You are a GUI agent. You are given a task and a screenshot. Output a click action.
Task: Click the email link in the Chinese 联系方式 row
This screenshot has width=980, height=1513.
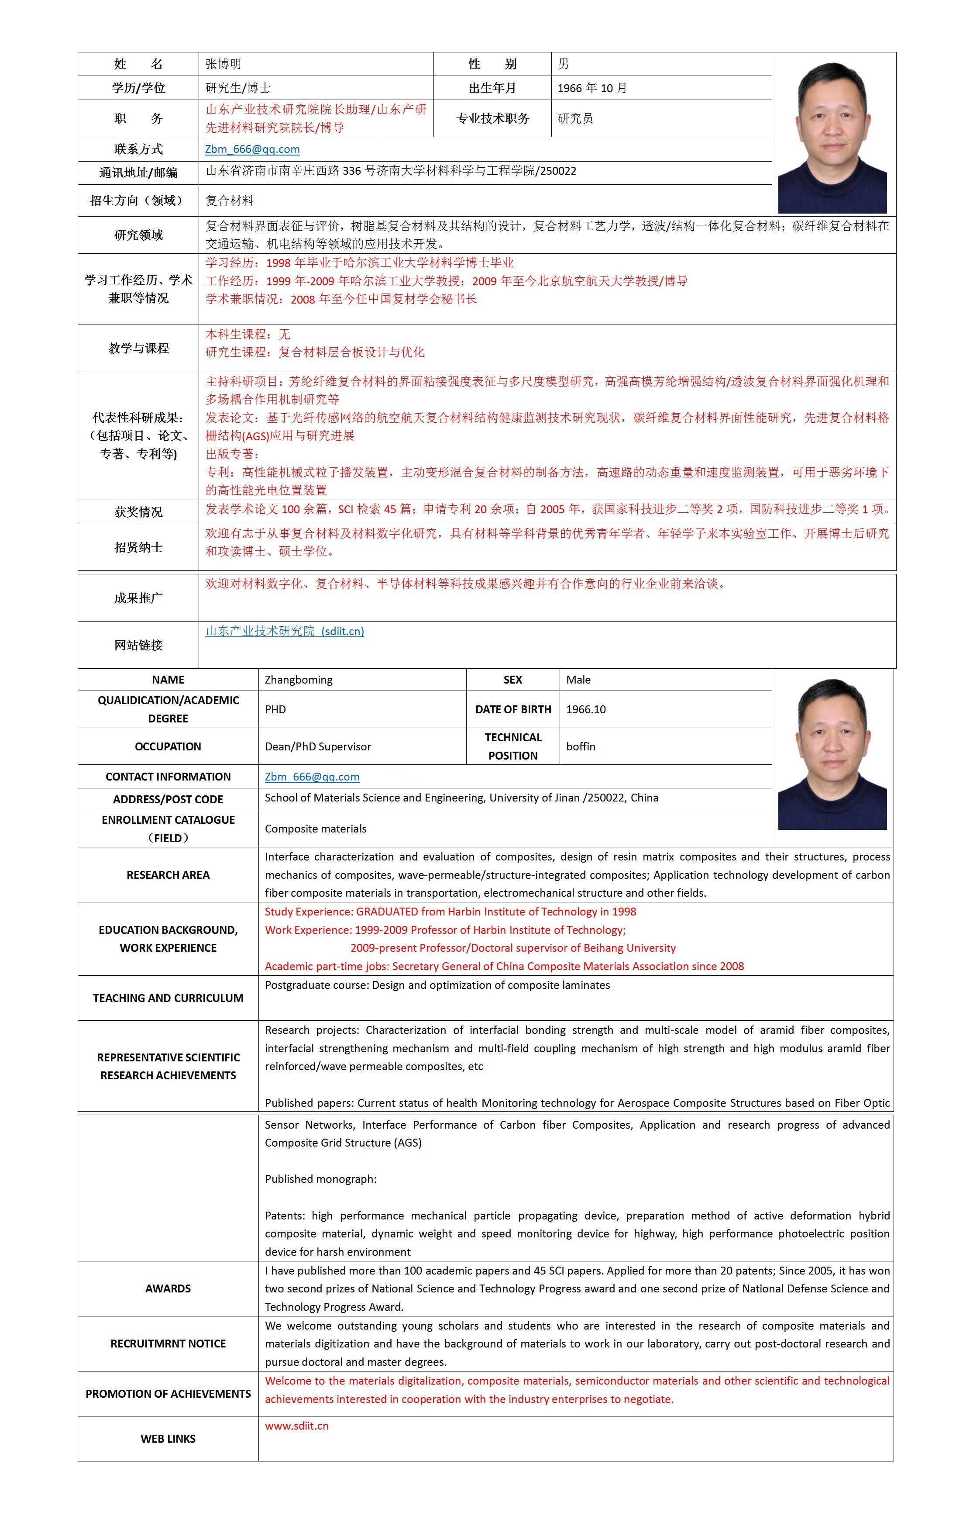(x=252, y=149)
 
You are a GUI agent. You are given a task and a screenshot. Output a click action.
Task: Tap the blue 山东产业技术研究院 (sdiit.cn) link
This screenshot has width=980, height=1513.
(x=284, y=631)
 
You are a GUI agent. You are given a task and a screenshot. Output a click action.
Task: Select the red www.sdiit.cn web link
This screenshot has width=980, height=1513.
(x=297, y=1426)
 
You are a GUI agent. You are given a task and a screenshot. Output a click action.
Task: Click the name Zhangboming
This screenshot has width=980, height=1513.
(x=298, y=680)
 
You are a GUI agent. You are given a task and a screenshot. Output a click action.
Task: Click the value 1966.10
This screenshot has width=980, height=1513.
(x=585, y=709)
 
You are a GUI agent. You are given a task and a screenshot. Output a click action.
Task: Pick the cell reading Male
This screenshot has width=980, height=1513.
(x=578, y=680)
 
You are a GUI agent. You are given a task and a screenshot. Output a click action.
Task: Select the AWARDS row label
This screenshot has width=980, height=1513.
(x=168, y=1288)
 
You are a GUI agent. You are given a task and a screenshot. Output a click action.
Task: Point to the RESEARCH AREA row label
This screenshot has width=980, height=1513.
(x=168, y=875)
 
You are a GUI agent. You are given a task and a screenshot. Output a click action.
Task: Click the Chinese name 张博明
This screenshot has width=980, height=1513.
(x=223, y=64)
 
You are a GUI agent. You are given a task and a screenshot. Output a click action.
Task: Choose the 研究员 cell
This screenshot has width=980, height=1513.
(x=575, y=118)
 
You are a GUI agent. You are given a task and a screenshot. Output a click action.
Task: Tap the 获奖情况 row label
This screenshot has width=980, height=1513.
(x=138, y=512)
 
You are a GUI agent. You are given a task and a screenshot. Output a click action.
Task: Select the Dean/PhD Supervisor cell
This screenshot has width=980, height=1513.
(x=318, y=746)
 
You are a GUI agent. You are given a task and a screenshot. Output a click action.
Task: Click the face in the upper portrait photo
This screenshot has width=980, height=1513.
(x=832, y=117)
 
